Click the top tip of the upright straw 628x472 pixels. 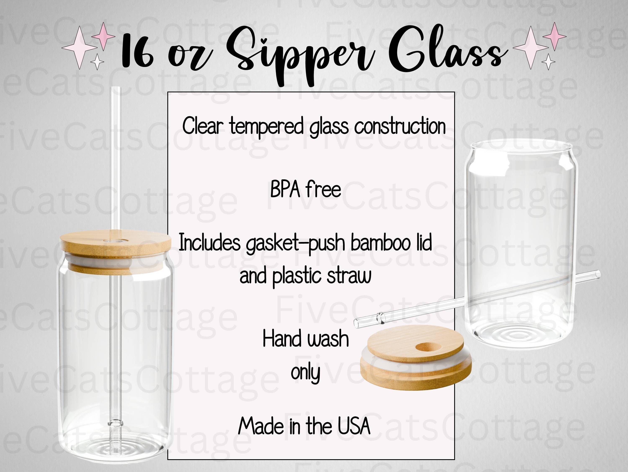tap(116, 87)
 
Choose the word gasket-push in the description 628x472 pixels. tap(295, 244)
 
